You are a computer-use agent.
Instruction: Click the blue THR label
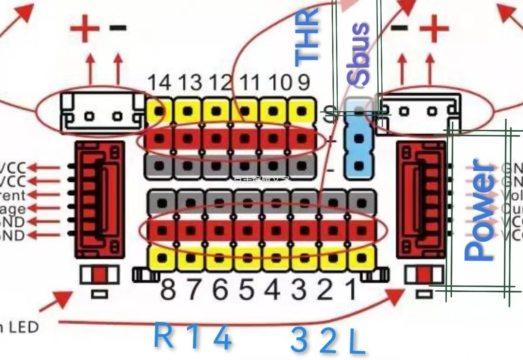click(x=306, y=37)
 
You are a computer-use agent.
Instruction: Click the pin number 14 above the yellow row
click(x=159, y=82)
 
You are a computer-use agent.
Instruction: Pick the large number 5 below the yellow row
click(x=247, y=289)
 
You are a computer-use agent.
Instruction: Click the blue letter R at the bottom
click(x=164, y=336)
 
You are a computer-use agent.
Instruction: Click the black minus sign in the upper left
click(x=118, y=28)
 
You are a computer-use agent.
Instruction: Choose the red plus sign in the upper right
click(x=434, y=29)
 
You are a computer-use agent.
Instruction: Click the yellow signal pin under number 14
click(x=160, y=112)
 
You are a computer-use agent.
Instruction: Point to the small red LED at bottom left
click(x=100, y=275)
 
